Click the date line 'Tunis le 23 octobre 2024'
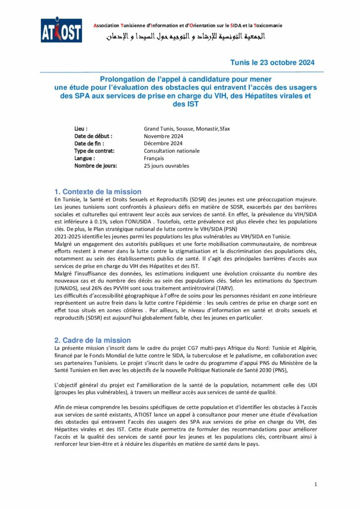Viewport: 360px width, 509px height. tap(272, 63)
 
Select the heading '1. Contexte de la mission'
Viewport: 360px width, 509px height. tap(98, 191)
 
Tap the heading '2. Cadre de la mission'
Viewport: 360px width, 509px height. tap(92, 340)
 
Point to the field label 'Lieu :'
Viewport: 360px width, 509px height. tap(81, 128)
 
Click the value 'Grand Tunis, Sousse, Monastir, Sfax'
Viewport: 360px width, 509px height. tap(187, 128)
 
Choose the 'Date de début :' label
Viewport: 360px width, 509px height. tap(93, 136)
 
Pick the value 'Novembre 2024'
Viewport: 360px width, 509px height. tap(164, 136)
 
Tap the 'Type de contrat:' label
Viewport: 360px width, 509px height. tap(94, 151)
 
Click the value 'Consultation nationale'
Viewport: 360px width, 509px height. tap(172, 151)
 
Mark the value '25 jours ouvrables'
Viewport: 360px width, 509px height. tap(167, 166)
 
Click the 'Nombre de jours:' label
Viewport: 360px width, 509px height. tap(95, 166)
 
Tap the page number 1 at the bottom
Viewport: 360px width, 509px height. tap(315, 484)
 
